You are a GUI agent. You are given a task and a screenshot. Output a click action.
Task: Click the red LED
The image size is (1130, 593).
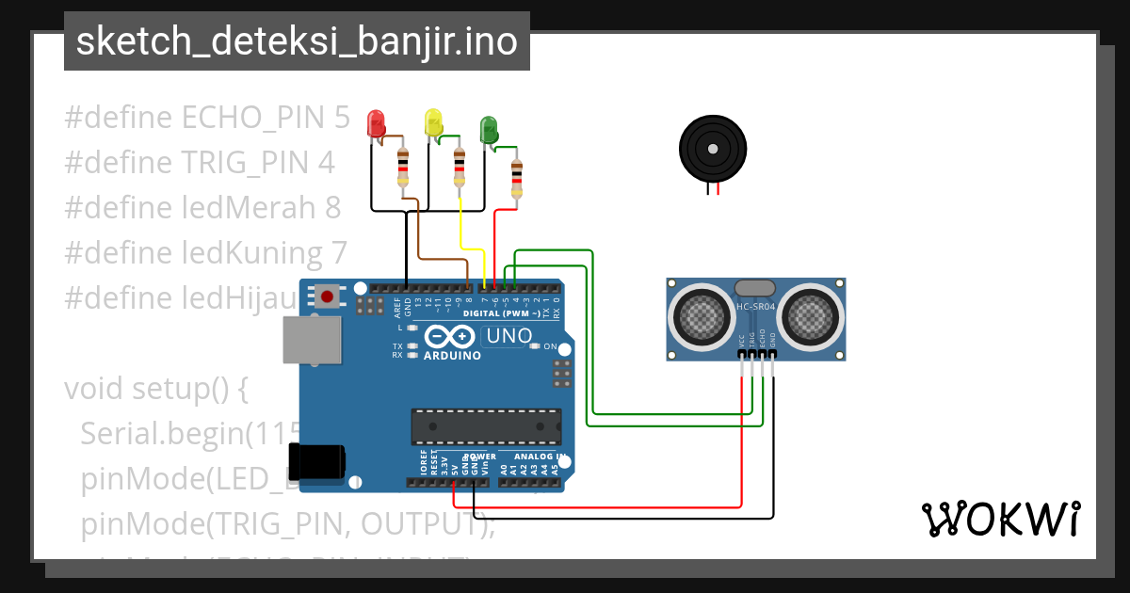[x=376, y=123]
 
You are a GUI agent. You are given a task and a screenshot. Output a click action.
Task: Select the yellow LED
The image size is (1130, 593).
[x=433, y=122]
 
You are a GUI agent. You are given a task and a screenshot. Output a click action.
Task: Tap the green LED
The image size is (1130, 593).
[x=489, y=129]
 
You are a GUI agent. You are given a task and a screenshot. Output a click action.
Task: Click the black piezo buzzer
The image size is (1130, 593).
[x=713, y=148]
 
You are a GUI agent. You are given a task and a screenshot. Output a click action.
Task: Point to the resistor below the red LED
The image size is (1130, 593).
[x=403, y=168]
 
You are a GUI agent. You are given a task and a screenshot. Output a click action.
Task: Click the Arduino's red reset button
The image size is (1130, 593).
[x=327, y=297]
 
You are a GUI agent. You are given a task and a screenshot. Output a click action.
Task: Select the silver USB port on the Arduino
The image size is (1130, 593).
[x=310, y=339]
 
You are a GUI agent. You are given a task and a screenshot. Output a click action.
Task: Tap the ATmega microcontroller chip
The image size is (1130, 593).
[x=486, y=425]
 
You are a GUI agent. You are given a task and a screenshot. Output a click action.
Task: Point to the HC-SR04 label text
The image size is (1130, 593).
[x=755, y=306]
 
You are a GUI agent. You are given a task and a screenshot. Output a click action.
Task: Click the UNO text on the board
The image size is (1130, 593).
[x=508, y=336]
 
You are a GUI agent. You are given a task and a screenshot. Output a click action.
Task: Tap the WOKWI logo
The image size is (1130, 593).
[x=1000, y=519]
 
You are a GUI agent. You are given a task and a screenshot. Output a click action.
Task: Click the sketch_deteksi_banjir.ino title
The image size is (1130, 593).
[x=297, y=41]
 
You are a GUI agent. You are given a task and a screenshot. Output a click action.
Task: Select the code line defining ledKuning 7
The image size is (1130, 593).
[x=206, y=252]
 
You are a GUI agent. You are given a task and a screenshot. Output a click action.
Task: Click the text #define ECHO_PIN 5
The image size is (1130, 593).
[x=206, y=118]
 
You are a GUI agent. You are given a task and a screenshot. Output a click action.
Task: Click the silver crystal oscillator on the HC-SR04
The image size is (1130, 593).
[x=755, y=288]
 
